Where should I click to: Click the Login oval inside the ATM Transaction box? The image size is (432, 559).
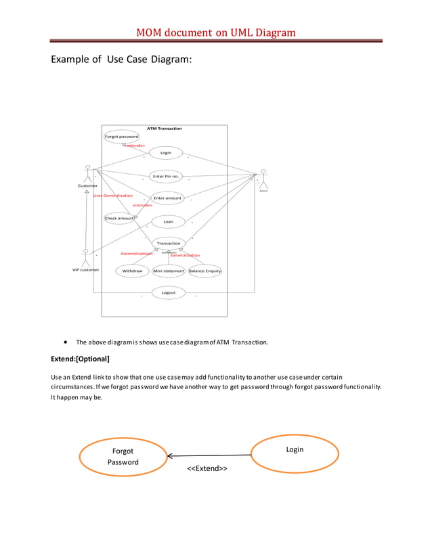tap(165, 153)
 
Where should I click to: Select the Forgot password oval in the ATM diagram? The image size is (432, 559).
tap(121, 137)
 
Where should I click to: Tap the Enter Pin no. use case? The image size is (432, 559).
tap(165, 176)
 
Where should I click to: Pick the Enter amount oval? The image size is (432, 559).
tap(167, 198)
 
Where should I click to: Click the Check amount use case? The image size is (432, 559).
tap(118, 218)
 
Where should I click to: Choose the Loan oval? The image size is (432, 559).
tap(168, 221)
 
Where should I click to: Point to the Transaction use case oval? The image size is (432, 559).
tap(169, 243)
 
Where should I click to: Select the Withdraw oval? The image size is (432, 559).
tap(132, 271)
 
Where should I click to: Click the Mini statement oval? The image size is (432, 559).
tap(169, 271)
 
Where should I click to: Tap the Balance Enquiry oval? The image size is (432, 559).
tap(204, 271)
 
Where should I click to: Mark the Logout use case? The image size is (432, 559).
tap(169, 292)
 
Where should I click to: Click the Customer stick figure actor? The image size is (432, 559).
tap(87, 173)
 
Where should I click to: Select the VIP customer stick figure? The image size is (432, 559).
tap(85, 257)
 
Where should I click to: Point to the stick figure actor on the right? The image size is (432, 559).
tap(263, 179)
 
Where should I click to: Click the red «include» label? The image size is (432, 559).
tap(142, 205)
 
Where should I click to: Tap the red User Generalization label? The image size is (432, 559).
tap(113, 195)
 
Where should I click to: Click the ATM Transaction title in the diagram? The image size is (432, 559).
tap(164, 129)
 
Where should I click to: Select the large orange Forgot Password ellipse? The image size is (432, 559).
tap(123, 456)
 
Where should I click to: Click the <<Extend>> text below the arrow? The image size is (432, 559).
tap(207, 468)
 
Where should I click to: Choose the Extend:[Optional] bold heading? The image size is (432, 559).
tap(80, 358)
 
